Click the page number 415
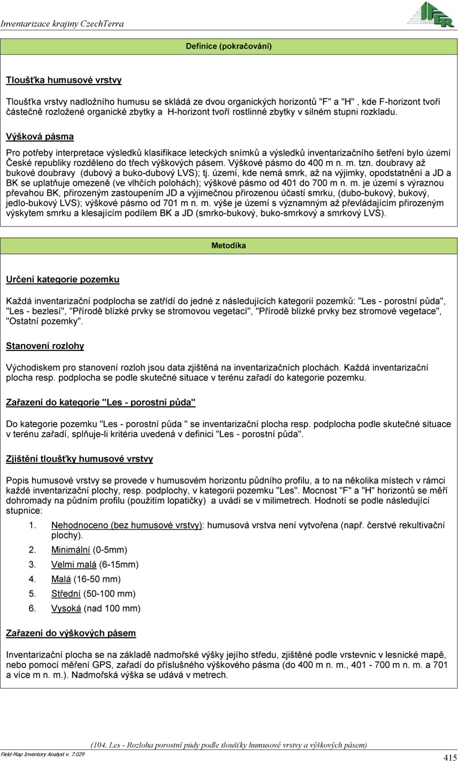click(449, 757)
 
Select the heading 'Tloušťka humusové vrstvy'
click(64, 80)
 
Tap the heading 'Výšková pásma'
click(40, 136)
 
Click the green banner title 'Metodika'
click(229, 246)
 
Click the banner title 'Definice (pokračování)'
click(229, 46)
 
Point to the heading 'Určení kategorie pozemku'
click(63, 279)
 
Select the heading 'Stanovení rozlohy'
click(45, 346)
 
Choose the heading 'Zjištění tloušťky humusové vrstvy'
click(80, 459)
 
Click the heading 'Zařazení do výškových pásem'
click(71, 633)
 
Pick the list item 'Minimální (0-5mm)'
click(89, 550)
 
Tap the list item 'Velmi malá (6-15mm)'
click(95, 564)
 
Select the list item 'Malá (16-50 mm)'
click(86, 579)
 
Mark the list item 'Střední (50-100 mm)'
click(93, 594)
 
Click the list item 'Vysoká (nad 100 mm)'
click(96, 608)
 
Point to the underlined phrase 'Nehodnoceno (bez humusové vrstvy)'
click(127, 525)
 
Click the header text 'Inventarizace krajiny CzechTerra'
click(62, 24)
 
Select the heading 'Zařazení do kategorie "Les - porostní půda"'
click(100, 402)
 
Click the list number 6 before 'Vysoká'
click(32, 608)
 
